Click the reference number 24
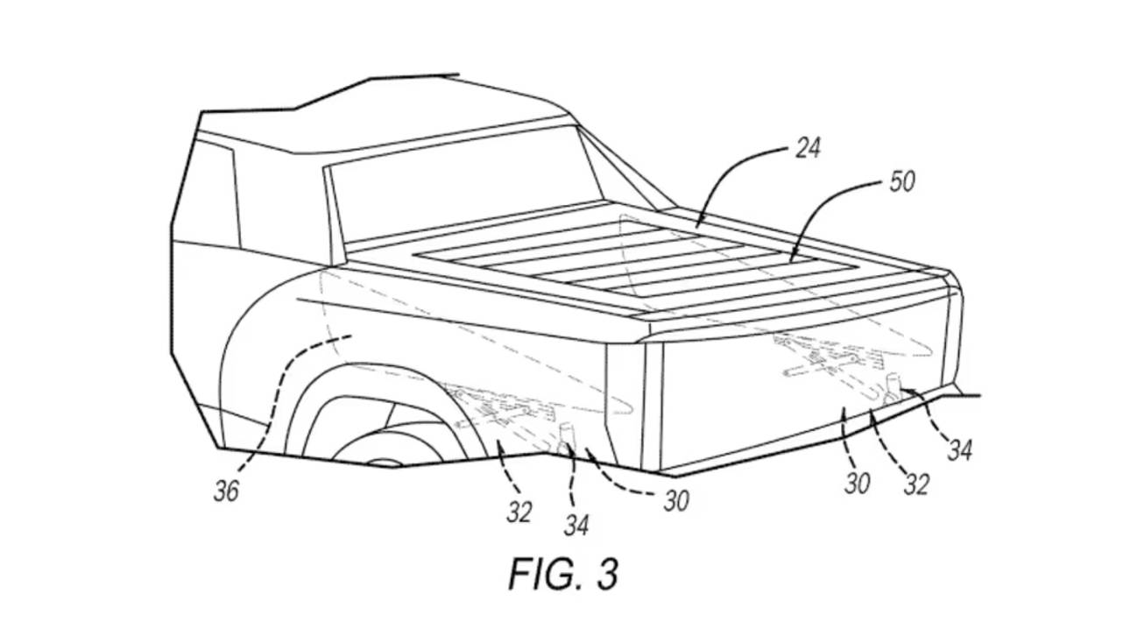point(807,147)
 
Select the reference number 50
point(901,181)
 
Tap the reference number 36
point(226,491)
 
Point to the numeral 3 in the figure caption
point(605,573)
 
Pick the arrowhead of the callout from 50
point(790,259)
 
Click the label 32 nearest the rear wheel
point(519,512)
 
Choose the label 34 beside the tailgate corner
point(958,450)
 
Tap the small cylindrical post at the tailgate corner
point(892,385)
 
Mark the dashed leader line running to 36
point(280,385)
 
